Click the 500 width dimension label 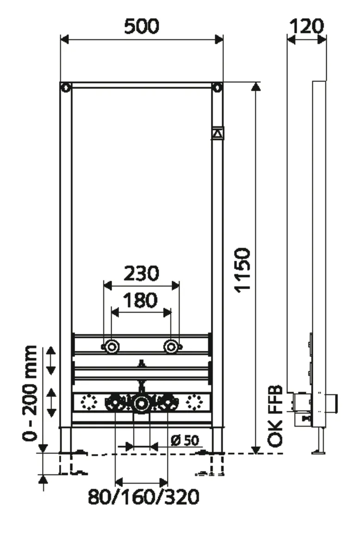pos(142,26)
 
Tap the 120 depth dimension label pos(306,26)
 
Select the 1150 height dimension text pos(242,270)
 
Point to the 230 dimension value pos(141,273)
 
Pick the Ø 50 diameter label pos(184,440)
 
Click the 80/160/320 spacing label pos(143,497)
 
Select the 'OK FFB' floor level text pos(276,416)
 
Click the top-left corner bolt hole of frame pos(66,87)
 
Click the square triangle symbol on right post pos(217,133)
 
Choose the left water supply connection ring pos(111,347)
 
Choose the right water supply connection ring pos(172,347)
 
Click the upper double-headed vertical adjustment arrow pos(50,361)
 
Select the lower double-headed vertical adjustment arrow pos(50,402)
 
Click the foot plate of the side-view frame pos(318,452)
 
